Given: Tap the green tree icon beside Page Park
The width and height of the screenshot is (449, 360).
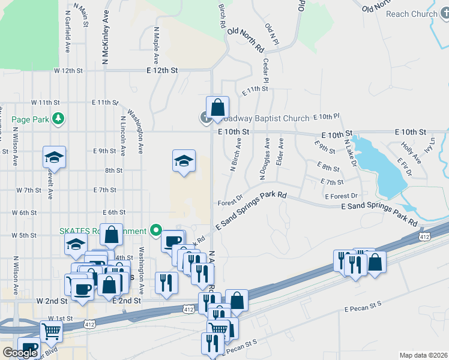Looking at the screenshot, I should [x=58, y=119].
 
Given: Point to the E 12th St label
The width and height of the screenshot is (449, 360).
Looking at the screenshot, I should [x=162, y=70].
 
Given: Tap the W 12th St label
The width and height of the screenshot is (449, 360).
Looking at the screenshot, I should [x=68, y=71].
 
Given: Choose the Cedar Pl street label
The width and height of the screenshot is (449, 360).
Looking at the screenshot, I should [x=265, y=71].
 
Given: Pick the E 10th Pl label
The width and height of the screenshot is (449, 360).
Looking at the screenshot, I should [x=326, y=116].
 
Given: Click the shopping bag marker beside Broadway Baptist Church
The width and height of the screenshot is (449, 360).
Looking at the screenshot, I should [x=218, y=109].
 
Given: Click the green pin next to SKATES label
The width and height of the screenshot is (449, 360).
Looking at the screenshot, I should [x=156, y=230].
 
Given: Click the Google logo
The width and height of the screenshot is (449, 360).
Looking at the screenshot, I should [x=20, y=353].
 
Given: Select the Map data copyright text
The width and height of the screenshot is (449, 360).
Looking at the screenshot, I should [x=423, y=355].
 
